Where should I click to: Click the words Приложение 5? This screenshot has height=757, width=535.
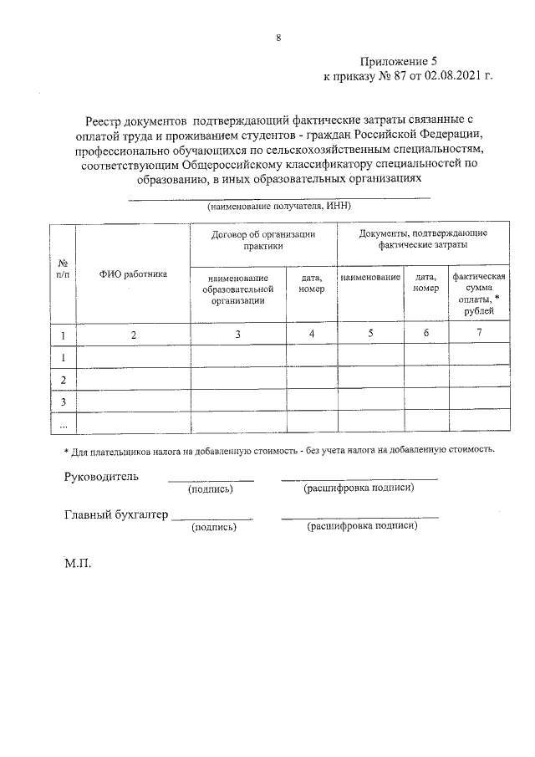click(398, 62)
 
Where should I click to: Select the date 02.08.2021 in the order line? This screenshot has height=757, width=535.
click(449, 77)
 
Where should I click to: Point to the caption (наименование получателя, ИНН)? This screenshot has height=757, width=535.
click(278, 205)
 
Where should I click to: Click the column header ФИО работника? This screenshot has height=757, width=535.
click(133, 273)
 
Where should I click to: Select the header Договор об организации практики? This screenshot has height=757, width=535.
click(263, 240)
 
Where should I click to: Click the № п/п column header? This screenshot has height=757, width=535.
click(62, 268)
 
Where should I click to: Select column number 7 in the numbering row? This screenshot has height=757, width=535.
click(479, 335)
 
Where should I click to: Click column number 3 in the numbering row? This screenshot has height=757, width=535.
click(238, 335)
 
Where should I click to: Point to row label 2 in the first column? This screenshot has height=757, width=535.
click(62, 381)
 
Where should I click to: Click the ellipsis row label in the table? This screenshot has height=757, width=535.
click(62, 425)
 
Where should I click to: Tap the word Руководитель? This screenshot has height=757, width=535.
click(101, 477)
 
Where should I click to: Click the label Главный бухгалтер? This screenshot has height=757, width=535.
click(116, 515)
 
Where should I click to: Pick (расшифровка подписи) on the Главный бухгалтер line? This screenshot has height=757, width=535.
click(362, 527)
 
